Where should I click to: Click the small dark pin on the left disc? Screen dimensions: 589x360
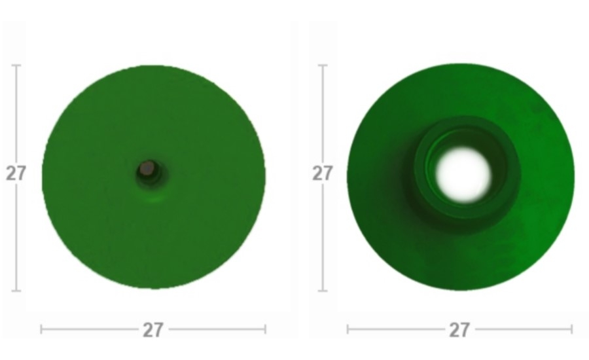point(148,169)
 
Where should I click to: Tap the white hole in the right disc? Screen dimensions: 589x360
point(463,175)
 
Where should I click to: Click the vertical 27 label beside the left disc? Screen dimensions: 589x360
point(16,173)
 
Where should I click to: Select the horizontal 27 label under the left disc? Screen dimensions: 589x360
point(153,330)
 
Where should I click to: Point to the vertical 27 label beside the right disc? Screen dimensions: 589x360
point(323,173)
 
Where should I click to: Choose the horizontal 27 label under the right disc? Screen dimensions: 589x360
point(460,330)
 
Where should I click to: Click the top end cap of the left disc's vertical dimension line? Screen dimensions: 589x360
point(16,65)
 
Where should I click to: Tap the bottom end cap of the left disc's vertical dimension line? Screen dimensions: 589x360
point(16,291)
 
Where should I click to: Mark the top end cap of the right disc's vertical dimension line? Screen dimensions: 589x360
point(323,65)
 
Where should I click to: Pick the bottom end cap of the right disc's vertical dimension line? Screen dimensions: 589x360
point(323,291)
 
